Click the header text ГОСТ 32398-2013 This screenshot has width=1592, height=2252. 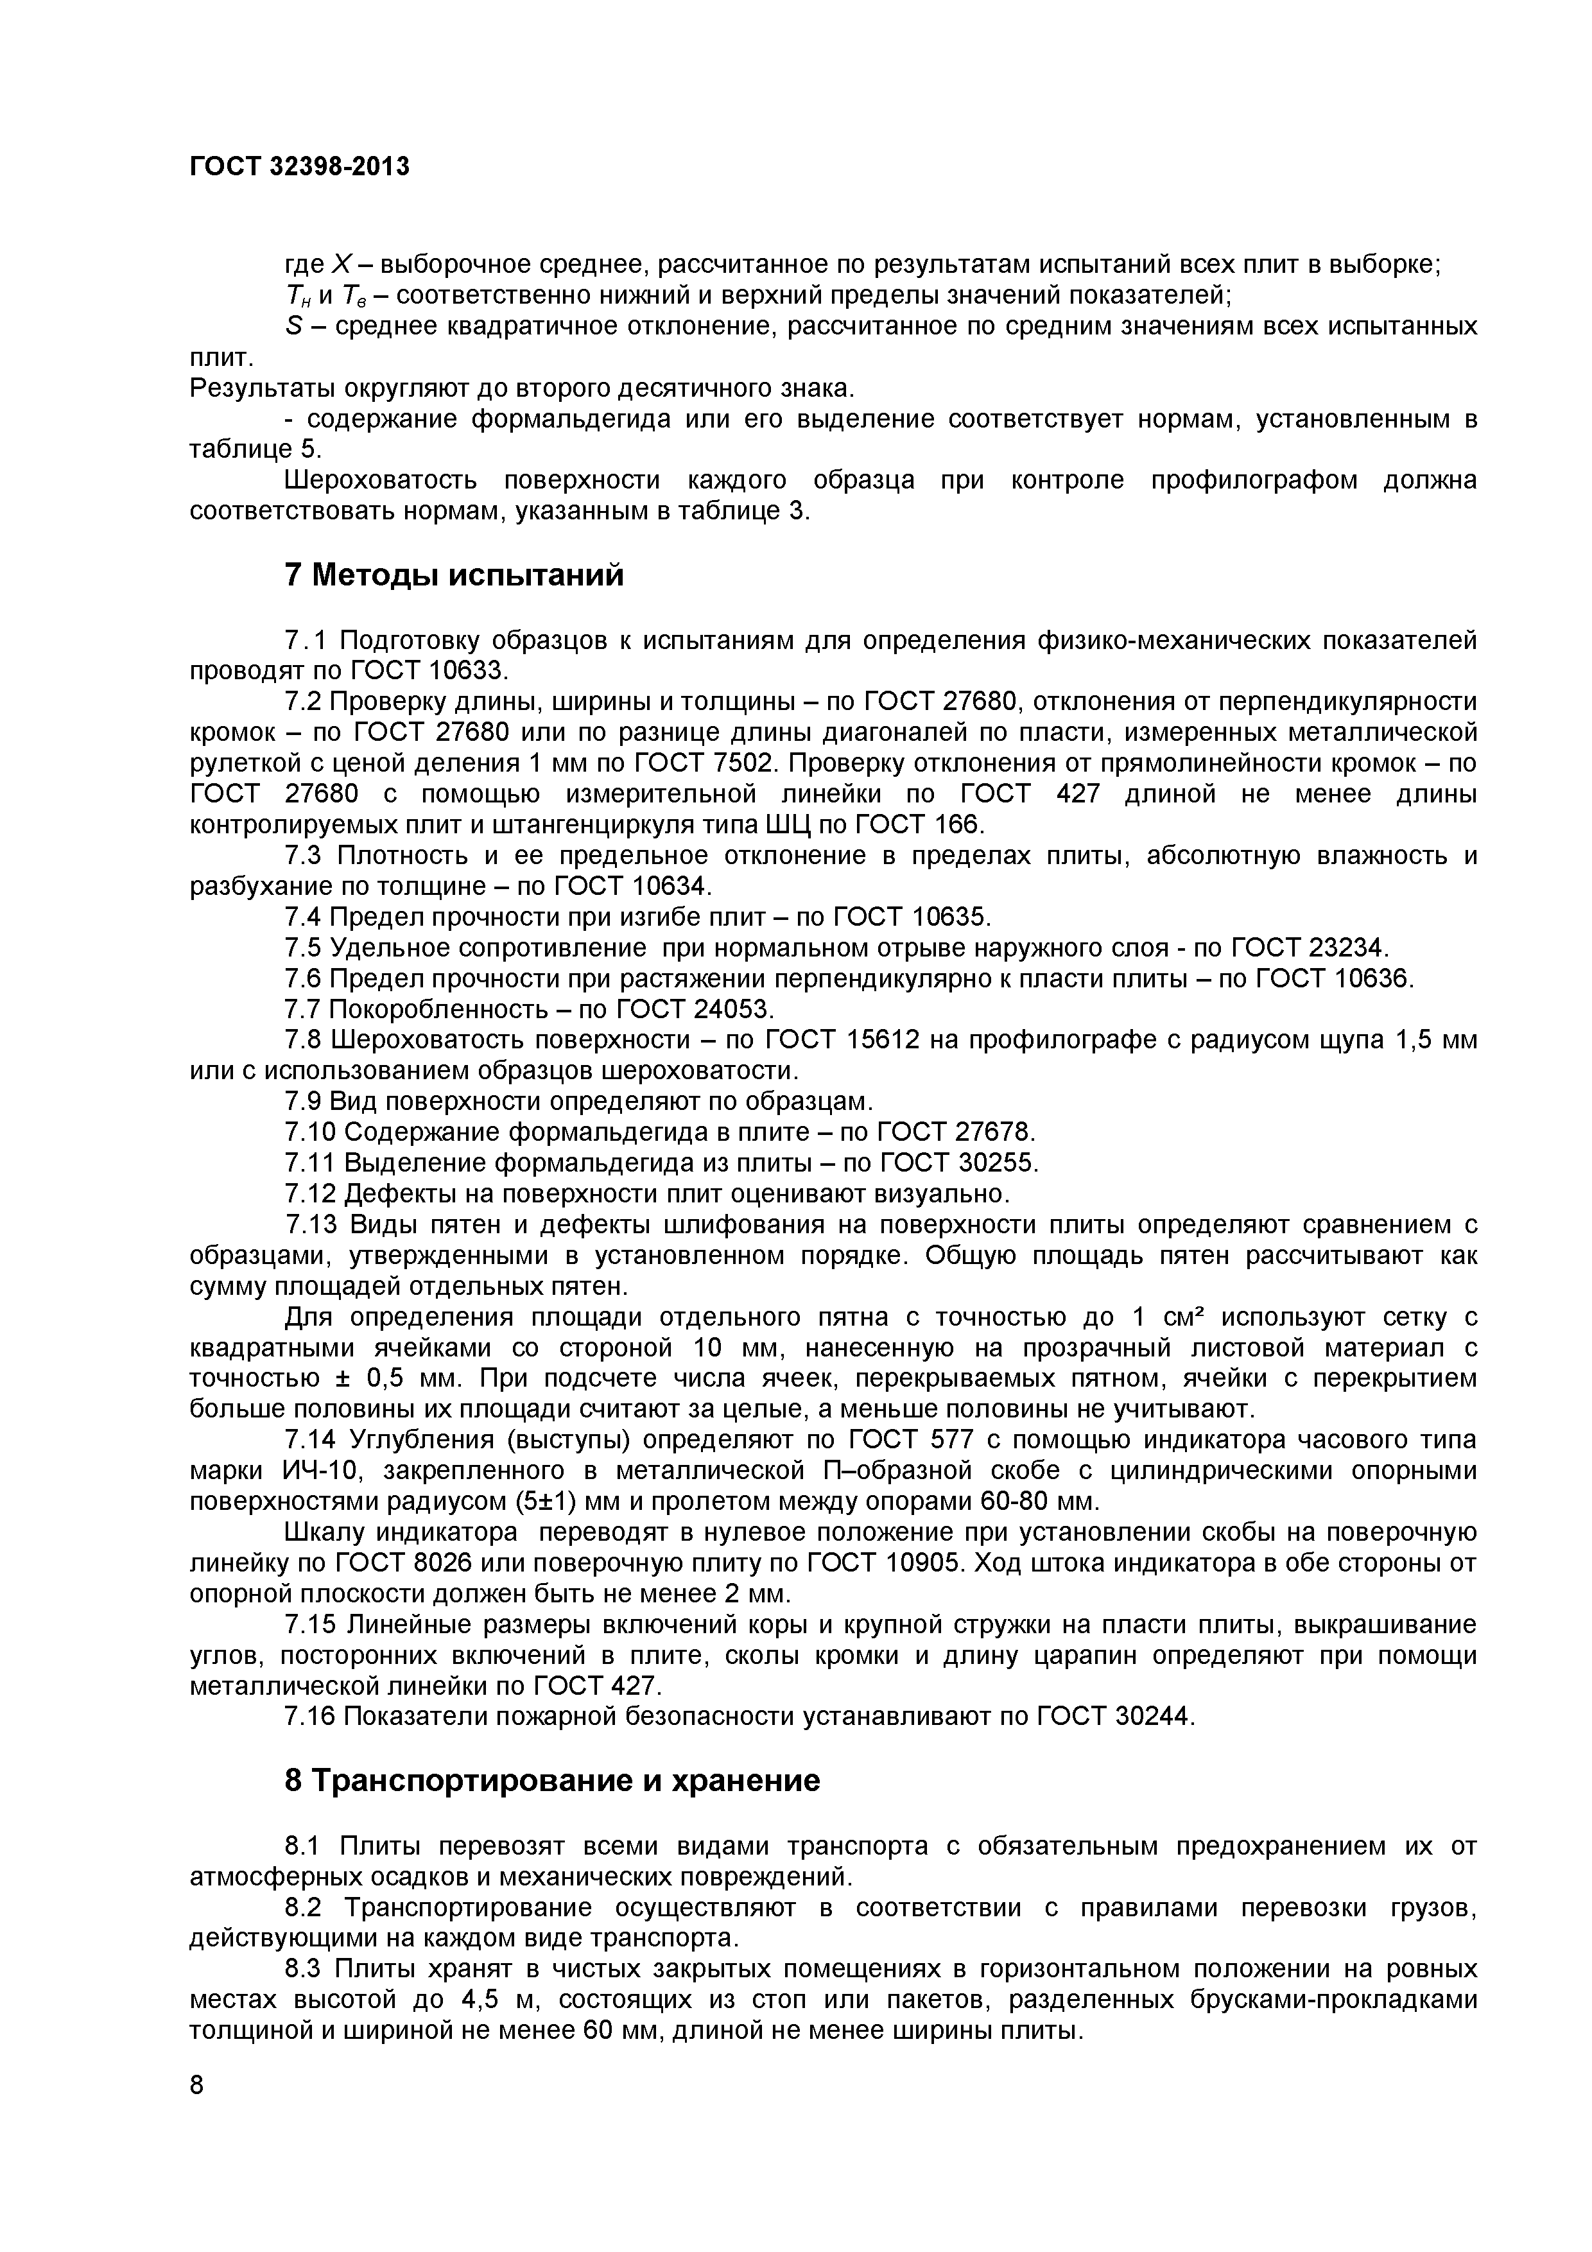click(299, 167)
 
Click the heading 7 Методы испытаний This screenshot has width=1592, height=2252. click(453, 574)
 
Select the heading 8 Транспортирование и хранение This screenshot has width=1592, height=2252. click(551, 1780)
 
